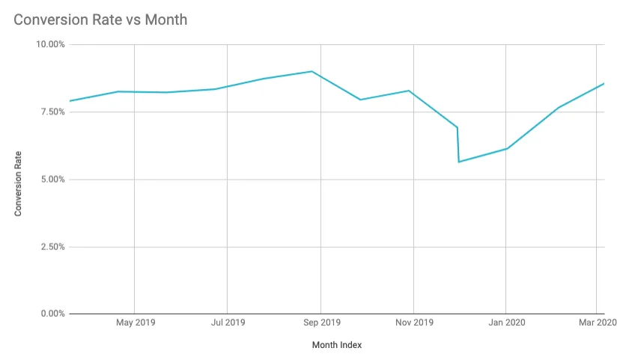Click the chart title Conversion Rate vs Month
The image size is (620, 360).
[100, 19]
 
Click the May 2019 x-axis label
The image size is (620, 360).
[136, 323]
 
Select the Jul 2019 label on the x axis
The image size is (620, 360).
[228, 323]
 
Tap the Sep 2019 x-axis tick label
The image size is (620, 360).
[320, 323]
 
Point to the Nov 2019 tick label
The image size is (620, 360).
[414, 323]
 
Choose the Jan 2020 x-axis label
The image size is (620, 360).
[507, 323]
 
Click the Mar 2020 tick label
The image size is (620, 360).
[597, 323]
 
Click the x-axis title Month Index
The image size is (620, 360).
[337, 345]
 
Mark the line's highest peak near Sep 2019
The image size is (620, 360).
[311, 71]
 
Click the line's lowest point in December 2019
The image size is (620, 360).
[459, 162]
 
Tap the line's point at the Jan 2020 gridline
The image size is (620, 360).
[506, 148]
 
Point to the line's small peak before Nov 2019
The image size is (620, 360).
[409, 91]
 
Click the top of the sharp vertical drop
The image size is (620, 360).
[457, 127]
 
